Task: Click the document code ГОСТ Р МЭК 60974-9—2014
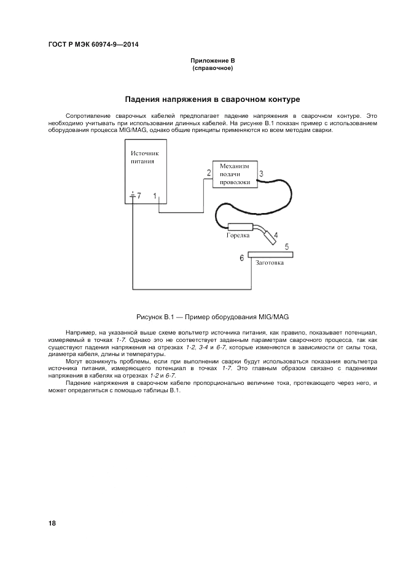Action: (92, 44)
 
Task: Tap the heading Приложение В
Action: (213, 61)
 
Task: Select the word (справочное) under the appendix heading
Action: (213, 68)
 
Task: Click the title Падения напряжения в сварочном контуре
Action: (213, 99)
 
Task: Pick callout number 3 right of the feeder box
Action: (261, 173)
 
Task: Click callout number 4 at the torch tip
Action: (276, 235)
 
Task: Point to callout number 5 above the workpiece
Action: (287, 246)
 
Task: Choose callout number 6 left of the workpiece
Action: (242, 258)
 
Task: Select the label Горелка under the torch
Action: (238, 235)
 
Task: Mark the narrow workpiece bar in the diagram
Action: (271, 254)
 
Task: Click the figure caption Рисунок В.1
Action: (212, 317)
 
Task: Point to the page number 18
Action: (52, 523)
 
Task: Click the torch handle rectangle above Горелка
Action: (241, 226)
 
